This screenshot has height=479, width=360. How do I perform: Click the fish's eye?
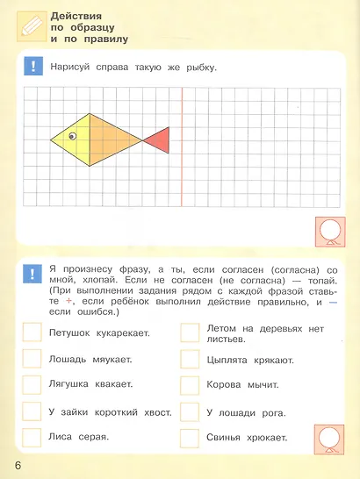[73, 135]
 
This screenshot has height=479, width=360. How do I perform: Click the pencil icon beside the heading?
[30, 25]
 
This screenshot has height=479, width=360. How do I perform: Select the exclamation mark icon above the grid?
[32, 67]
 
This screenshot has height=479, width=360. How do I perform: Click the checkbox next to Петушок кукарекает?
[32, 332]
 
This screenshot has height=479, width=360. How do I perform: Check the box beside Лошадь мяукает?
[32, 359]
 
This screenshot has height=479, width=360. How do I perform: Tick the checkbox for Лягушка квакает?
[32, 384]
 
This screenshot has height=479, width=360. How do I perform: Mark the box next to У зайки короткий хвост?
[32, 411]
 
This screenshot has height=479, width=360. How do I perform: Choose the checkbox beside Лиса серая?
[32, 437]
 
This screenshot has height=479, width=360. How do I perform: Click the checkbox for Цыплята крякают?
[190, 359]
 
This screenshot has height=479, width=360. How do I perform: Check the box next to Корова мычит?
[190, 384]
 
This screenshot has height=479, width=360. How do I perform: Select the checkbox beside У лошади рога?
[190, 411]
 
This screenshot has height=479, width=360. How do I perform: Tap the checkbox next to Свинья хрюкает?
[190, 437]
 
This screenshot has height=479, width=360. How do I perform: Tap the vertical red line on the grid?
[181, 140]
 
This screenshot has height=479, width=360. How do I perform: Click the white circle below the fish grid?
[333, 231]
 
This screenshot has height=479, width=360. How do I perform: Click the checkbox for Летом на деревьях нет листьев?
[190, 332]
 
